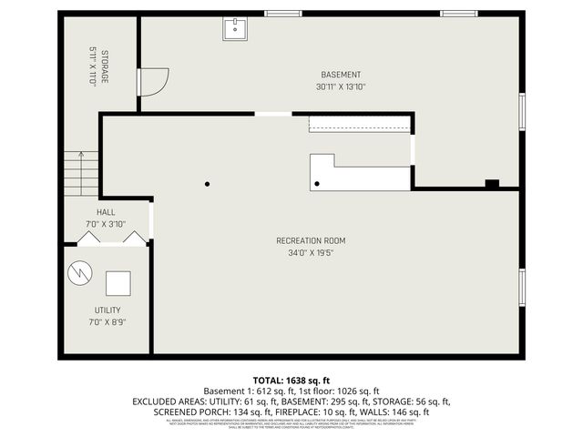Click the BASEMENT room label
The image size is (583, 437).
tap(342, 75)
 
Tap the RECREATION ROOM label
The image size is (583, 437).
tap(311, 241)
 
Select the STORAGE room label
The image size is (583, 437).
tap(104, 67)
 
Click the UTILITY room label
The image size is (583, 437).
tap(107, 310)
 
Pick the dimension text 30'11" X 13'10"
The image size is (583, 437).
tap(342, 87)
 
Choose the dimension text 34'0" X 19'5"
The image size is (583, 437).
tap(311, 254)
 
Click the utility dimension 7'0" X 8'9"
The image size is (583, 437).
tap(107, 322)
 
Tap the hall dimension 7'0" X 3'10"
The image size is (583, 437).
tap(106, 224)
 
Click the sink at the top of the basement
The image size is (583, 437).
tap(235, 30)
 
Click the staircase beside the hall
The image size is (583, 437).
tap(80, 173)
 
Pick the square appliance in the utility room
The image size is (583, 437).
tap(118, 283)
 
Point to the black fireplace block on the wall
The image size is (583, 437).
tap(492, 183)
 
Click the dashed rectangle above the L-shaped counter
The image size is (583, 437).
tap(360, 124)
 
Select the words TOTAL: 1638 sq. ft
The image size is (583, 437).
tap(291, 380)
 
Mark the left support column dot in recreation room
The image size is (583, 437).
tap(208, 183)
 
